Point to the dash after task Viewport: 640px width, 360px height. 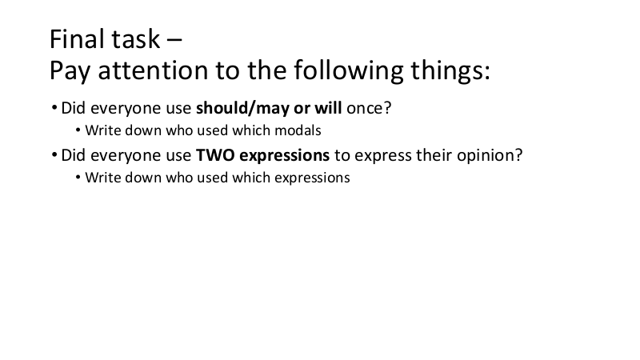(x=174, y=41)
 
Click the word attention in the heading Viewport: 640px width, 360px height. (x=154, y=70)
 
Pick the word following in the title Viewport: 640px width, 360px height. (x=349, y=70)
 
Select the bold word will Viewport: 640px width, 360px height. (x=328, y=108)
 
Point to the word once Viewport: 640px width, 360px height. (x=369, y=108)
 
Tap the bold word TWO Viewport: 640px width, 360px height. (x=215, y=155)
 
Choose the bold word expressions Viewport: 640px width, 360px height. (x=285, y=156)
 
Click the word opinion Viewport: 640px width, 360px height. (x=490, y=156)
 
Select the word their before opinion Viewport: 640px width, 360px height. (x=434, y=155)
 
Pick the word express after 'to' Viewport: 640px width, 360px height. (x=383, y=156)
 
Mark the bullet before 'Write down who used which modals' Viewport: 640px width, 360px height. (x=78, y=130)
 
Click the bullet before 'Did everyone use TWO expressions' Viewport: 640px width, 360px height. (x=54, y=155)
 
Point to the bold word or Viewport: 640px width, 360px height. (x=302, y=109)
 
